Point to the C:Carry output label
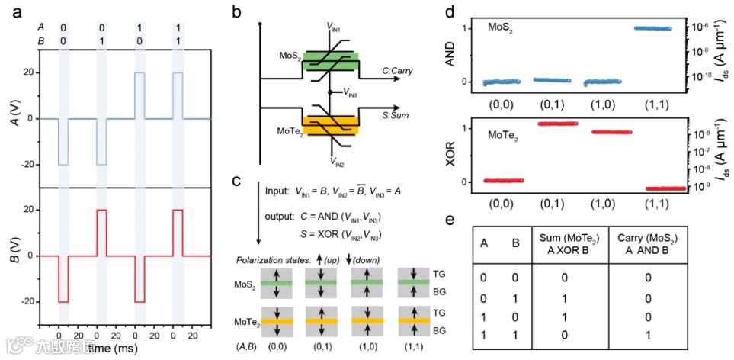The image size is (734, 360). [x=398, y=70]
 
